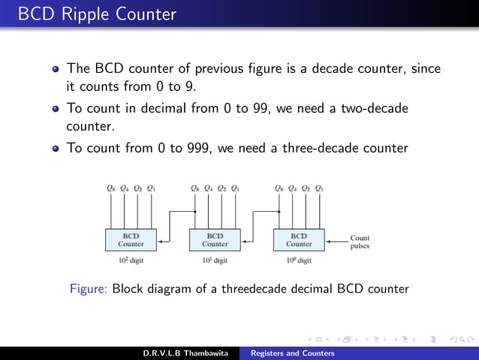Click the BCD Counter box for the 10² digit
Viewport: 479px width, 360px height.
(131, 240)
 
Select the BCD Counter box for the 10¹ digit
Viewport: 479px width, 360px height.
(215, 240)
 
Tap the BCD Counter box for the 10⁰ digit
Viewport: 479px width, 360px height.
(299, 240)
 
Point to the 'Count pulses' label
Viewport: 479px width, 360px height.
(360, 242)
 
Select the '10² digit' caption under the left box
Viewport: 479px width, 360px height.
(131, 261)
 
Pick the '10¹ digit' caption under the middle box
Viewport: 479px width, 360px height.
(215, 261)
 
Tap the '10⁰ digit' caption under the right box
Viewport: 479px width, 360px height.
(299, 261)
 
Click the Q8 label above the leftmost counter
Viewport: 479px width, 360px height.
(111, 188)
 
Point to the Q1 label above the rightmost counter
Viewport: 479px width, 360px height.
(320, 188)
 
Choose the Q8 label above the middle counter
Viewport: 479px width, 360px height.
(195, 188)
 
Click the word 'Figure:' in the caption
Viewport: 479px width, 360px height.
(89, 289)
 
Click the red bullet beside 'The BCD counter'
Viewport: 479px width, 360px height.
(56, 69)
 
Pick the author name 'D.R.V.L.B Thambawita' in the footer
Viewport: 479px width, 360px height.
(188, 353)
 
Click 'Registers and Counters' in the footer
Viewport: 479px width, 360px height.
(293, 353)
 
